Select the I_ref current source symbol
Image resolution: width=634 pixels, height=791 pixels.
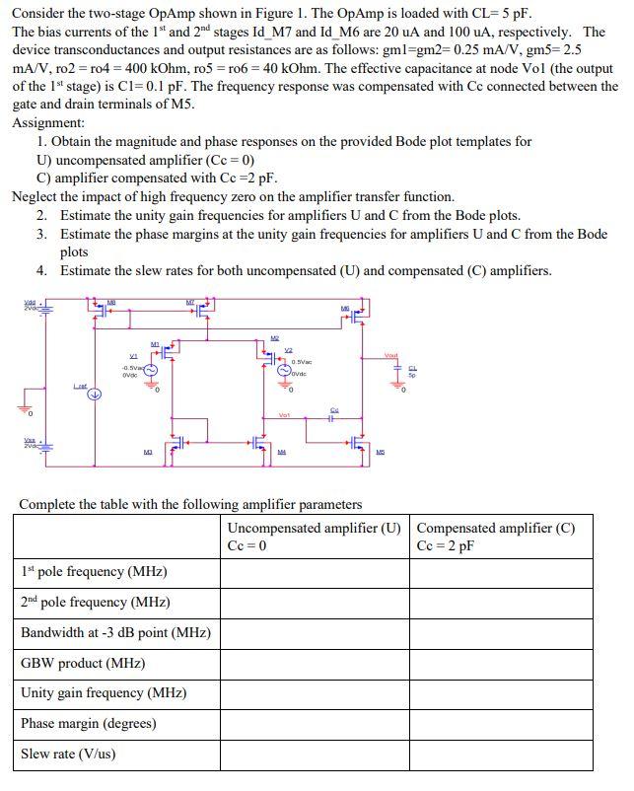95,397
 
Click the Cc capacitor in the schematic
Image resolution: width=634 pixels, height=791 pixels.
333,416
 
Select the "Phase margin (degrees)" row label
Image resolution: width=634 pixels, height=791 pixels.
88,723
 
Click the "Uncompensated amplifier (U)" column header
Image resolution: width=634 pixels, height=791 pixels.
314,528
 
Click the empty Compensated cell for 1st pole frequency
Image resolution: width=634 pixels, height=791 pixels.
500,572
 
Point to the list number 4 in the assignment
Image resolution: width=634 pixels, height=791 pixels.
41,270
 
